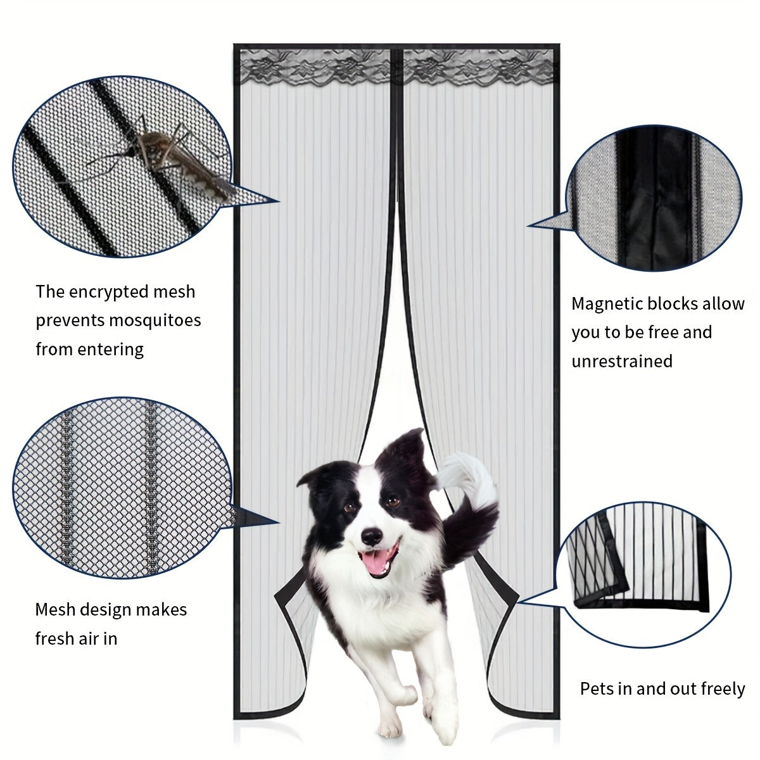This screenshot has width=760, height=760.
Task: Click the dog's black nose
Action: tap(372, 537)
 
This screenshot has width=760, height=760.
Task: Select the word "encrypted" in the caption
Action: tap(109, 293)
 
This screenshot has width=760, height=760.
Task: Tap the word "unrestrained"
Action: tap(622, 361)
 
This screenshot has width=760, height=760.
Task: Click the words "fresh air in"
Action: tap(76, 638)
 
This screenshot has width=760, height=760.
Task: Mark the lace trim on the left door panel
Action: tap(315, 67)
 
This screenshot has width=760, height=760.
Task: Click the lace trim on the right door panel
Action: tap(478, 67)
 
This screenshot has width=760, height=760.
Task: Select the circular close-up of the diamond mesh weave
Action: tap(122, 488)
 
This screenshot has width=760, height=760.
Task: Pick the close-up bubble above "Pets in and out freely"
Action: tap(643, 574)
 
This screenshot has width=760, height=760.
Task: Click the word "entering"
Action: tap(111, 350)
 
